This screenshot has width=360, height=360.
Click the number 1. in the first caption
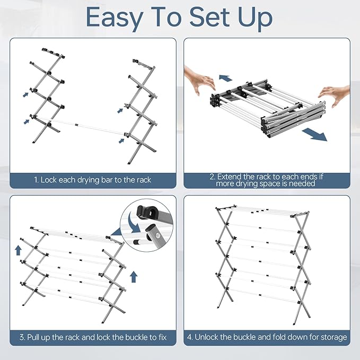pos(36,180)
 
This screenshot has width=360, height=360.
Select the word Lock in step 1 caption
pos(49,180)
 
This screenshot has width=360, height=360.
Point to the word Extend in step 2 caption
pos(229,177)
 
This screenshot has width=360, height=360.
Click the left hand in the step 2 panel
pos(200,81)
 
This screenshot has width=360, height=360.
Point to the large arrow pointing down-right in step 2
pos(314,135)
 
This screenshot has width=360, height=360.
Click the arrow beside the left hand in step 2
pos(225,78)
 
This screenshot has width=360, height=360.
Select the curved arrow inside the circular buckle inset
pos(134,223)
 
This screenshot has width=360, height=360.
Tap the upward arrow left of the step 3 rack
pos(18,250)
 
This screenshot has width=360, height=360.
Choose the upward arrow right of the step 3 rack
pos(134,277)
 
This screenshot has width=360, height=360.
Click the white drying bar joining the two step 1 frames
pos(79,126)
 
